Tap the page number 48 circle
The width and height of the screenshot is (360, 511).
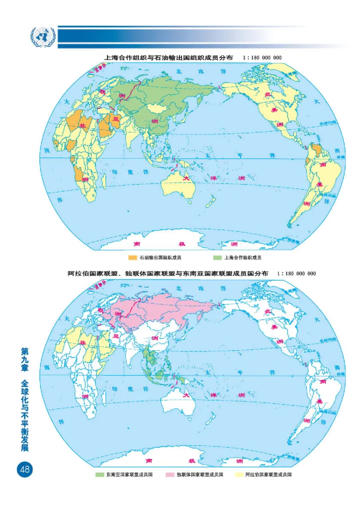click(24, 469)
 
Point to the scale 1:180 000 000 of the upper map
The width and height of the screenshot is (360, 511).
click(261, 58)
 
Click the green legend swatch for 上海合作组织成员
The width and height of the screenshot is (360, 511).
click(217, 258)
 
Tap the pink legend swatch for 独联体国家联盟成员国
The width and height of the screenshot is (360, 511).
click(170, 475)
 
